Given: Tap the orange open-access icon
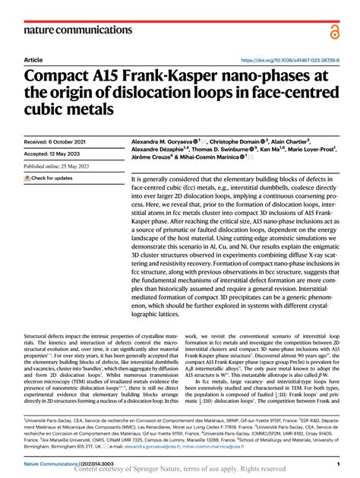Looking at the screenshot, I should [x=335, y=30].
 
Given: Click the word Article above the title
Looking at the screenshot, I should [x=33, y=59].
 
